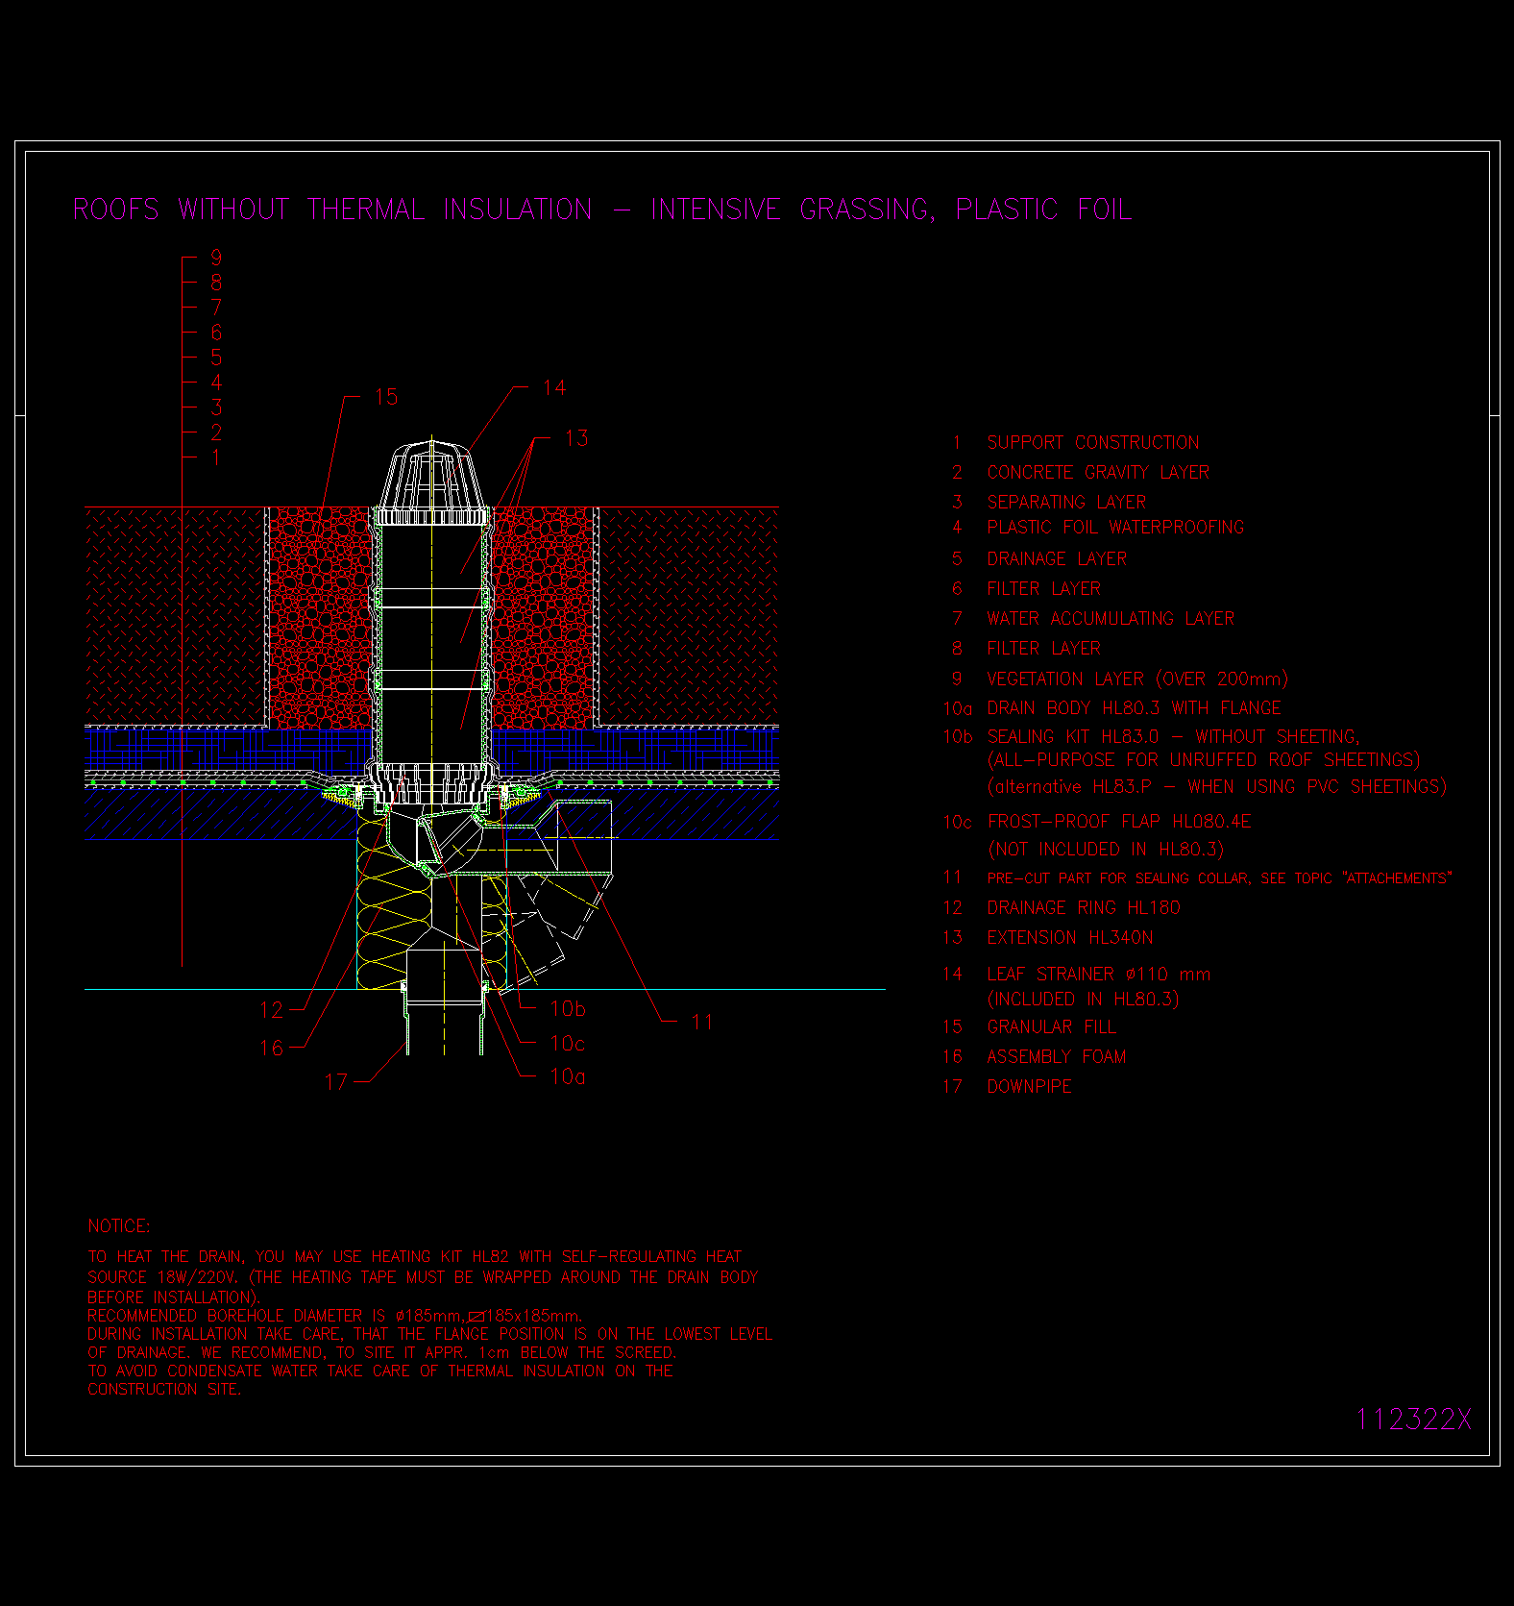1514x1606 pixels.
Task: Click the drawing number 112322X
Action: pyautogui.click(x=1413, y=1420)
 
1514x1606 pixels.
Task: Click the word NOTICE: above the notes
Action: pyautogui.click(x=119, y=1226)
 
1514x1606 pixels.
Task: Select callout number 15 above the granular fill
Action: pyautogui.click(x=386, y=397)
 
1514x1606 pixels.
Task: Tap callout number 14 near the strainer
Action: pyautogui.click(x=554, y=387)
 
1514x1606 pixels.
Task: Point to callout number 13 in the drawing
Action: pyautogui.click(x=576, y=438)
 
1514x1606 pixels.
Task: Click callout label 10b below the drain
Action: pyautogui.click(x=568, y=1008)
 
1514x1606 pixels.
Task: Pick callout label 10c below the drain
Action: pyautogui.click(x=567, y=1043)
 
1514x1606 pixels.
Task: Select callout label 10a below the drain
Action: pyautogui.click(x=567, y=1076)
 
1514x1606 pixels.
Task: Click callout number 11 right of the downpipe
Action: pyautogui.click(x=702, y=1022)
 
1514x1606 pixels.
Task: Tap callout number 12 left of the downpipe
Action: pyautogui.click(x=272, y=1010)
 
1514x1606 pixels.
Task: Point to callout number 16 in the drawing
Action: pyautogui.click(x=272, y=1048)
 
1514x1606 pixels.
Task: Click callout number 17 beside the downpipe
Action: pyautogui.click(x=336, y=1082)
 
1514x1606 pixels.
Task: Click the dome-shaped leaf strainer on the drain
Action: pyautogui.click(x=431, y=481)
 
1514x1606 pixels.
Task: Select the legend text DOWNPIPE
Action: pyautogui.click(x=1029, y=1086)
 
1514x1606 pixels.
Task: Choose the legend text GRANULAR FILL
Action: pyautogui.click(x=1052, y=1026)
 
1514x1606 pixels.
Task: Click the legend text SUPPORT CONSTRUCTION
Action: pyautogui.click(x=1093, y=442)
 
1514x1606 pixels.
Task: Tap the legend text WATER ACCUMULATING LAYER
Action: pyautogui.click(x=1111, y=618)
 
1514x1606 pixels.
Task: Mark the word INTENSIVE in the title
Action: pyautogui.click(x=716, y=210)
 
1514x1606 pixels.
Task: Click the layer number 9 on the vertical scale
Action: pyautogui.click(x=216, y=258)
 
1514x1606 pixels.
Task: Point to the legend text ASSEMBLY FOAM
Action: pyautogui.click(x=1057, y=1056)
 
